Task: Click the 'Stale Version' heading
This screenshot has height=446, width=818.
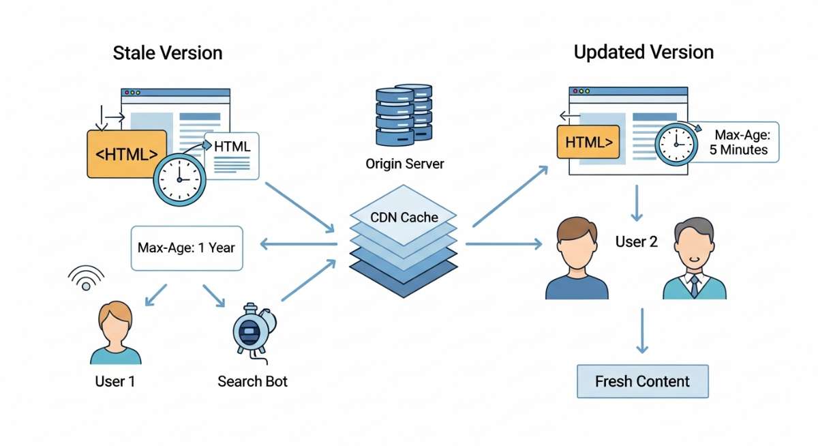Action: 167,53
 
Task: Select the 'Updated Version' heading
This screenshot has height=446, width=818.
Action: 643,52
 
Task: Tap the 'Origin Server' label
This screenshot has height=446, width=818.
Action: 404,164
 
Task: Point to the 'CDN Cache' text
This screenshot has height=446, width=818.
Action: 404,218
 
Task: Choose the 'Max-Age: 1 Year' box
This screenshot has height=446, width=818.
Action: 186,248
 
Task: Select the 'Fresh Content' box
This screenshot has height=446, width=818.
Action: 642,381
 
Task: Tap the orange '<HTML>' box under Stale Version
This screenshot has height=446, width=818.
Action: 126,154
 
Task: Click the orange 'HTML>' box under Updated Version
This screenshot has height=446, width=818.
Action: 588,143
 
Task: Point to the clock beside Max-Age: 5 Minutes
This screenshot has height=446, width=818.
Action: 676,144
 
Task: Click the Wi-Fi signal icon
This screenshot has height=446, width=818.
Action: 86,278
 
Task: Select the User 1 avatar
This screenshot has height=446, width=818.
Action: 115,334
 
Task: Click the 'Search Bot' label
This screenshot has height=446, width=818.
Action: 252,381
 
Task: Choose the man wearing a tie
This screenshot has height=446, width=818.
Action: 694,261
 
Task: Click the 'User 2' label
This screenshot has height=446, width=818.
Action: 636,241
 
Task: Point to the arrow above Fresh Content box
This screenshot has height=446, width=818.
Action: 641,330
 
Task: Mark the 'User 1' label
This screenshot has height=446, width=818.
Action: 115,381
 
